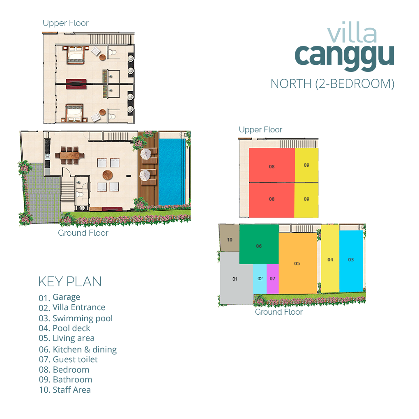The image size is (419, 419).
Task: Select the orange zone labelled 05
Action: point(297,263)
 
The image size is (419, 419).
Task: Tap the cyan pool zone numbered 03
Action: point(351,260)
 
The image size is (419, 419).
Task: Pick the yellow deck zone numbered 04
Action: point(330,260)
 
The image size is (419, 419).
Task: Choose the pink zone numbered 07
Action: point(273,279)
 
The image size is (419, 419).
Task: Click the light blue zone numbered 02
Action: point(260,279)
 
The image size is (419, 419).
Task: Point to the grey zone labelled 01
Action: point(235,279)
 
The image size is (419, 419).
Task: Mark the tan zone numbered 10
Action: point(230,239)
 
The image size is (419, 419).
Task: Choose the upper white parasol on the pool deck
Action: point(146,154)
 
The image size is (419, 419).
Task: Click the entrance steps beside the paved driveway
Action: point(68,189)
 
